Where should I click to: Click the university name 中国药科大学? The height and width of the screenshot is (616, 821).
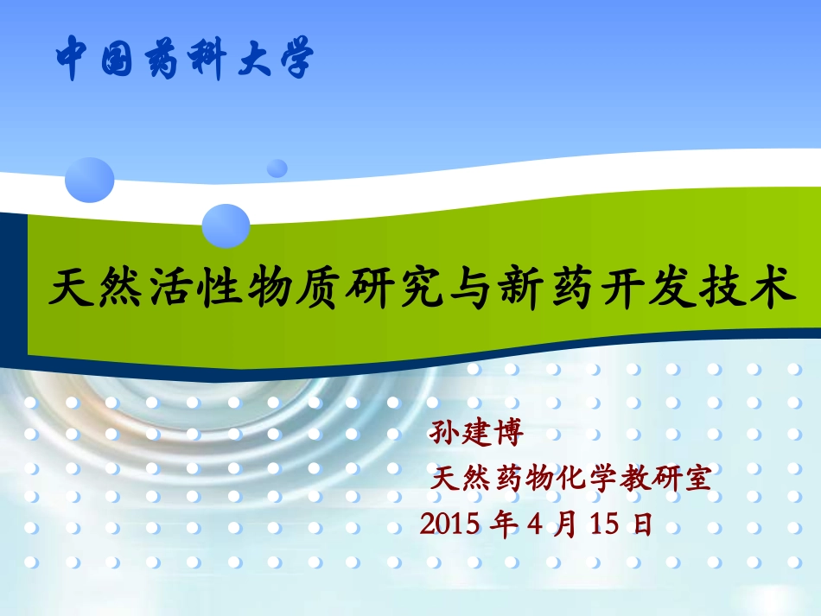tap(183, 59)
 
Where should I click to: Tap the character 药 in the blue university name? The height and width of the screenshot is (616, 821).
tap(162, 59)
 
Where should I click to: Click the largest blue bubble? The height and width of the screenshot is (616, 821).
tap(90, 180)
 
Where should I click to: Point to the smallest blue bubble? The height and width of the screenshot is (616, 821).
tap(277, 168)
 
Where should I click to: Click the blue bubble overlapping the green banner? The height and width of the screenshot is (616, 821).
tap(226, 225)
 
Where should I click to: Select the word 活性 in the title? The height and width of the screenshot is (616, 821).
tap(205, 289)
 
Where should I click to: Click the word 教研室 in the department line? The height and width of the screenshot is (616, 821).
tap(680, 478)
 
